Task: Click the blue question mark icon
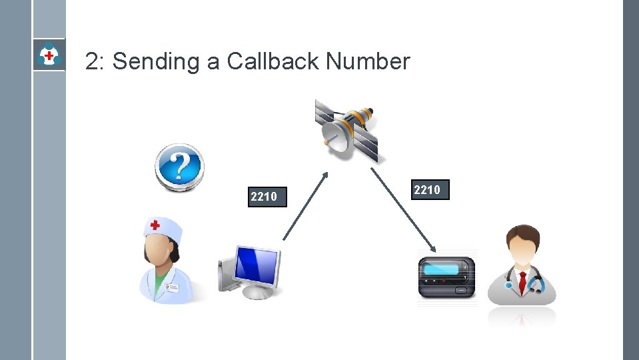point(179,167)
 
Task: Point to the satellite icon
point(347,130)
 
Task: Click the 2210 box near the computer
point(267,197)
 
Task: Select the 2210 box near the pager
point(430,190)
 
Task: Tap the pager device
point(447,277)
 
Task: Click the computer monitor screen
point(257,265)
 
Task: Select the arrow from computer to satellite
point(306,205)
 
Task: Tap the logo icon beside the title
point(49,55)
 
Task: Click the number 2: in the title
point(95,62)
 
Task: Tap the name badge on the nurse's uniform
point(173,287)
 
